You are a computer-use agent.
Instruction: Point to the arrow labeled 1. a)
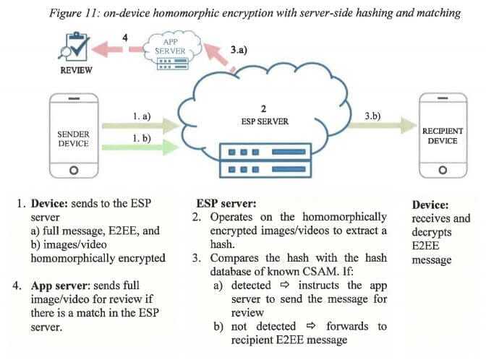point(138,126)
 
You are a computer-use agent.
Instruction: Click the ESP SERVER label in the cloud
point(265,121)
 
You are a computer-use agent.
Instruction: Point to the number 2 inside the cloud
point(265,108)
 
